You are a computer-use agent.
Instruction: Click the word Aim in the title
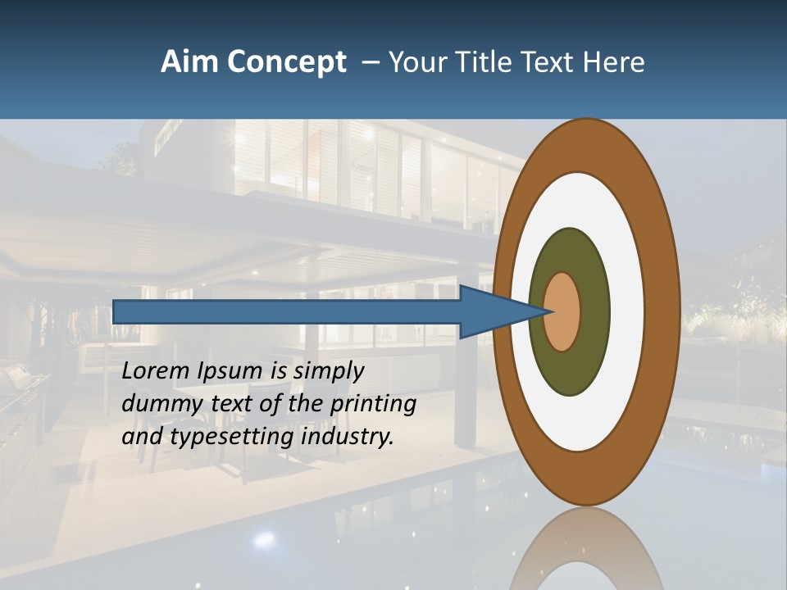(183, 62)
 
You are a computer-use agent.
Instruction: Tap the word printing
(373, 404)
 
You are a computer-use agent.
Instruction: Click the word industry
(348, 437)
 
